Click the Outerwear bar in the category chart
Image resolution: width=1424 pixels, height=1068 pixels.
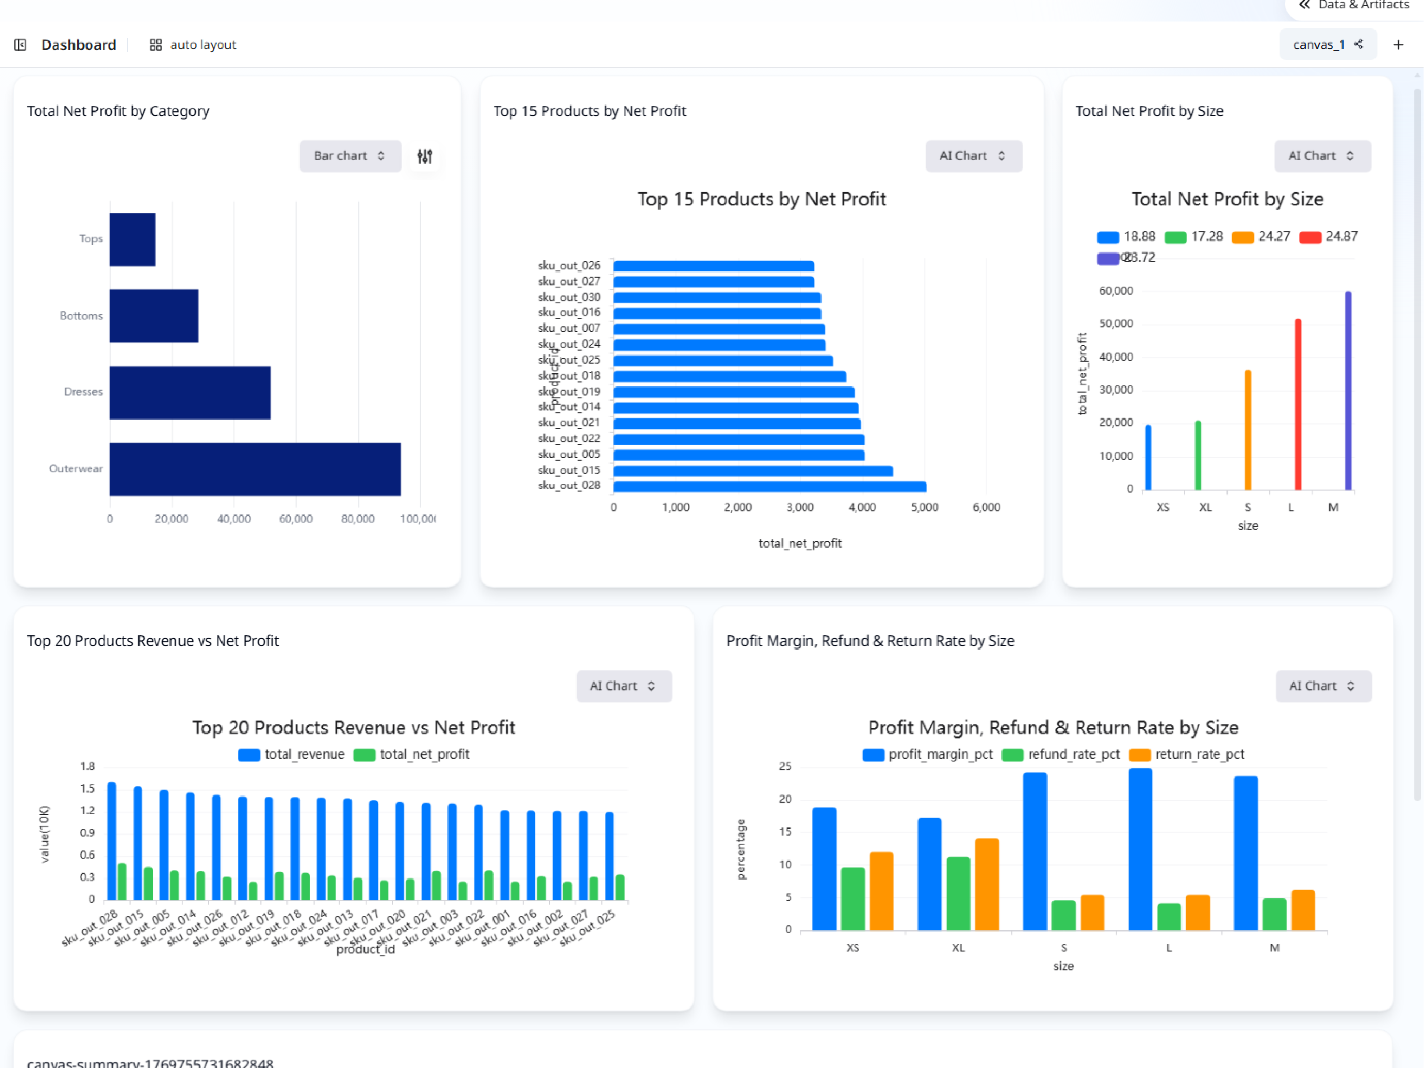tap(255, 469)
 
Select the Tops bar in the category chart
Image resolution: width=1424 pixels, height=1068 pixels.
tap(133, 240)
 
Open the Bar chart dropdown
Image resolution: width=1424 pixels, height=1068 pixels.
tap(349, 156)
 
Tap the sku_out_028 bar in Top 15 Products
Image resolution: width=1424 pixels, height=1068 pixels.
tap(770, 486)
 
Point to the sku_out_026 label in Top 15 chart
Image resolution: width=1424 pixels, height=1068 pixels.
tap(569, 265)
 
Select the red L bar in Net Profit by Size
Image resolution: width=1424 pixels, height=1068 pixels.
tap(1298, 404)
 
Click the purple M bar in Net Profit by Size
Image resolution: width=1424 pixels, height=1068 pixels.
tap(1348, 390)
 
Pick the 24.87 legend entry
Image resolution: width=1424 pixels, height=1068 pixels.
tap(1329, 236)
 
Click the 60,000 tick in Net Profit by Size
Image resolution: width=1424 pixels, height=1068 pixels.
tap(1116, 291)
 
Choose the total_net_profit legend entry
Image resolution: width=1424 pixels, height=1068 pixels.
tap(412, 755)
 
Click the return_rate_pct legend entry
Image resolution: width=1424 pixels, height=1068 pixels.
tap(1187, 755)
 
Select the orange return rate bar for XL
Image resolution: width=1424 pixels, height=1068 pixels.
tap(986, 884)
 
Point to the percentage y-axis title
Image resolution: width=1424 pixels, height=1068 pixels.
tap(741, 849)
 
